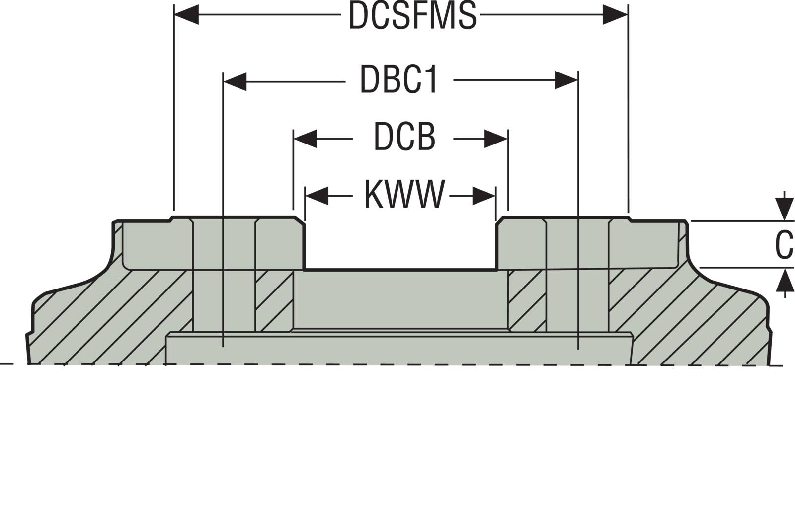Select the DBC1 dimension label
pyautogui.click(x=399, y=80)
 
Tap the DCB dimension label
pyautogui.click(x=404, y=138)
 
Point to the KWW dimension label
pyautogui.click(x=404, y=195)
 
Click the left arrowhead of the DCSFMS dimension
pyautogui.click(x=187, y=15)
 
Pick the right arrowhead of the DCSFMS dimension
pyautogui.click(x=615, y=15)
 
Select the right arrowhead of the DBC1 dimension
pyautogui.click(x=566, y=80)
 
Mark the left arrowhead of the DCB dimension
pyautogui.click(x=305, y=138)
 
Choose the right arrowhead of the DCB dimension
pyautogui.click(x=496, y=138)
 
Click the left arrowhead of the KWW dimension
pyautogui.click(x=317, y=195)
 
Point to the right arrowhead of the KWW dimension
pyautogui.click(x=484, y=195)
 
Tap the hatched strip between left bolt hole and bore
pyautogui.click(x=274, y=300)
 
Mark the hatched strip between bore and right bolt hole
pyautogui.click(x=527, y=300)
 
